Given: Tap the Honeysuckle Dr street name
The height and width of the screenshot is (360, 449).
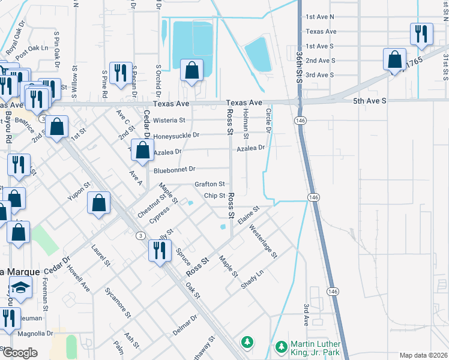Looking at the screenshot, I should click(176, 136).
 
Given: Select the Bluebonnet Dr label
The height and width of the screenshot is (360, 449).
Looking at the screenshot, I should click(174, 170).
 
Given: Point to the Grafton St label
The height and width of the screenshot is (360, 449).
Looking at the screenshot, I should click(209, 184).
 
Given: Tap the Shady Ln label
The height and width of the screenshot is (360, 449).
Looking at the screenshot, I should click(252, 280).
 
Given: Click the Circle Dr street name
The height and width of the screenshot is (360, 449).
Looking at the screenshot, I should click(268, 121).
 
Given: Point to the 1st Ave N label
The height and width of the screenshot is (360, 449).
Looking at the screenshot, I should click(320, 17).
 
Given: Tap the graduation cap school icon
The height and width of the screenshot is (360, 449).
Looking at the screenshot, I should click(20, 289).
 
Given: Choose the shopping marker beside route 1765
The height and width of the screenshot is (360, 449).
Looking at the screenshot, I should click(394, 59).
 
